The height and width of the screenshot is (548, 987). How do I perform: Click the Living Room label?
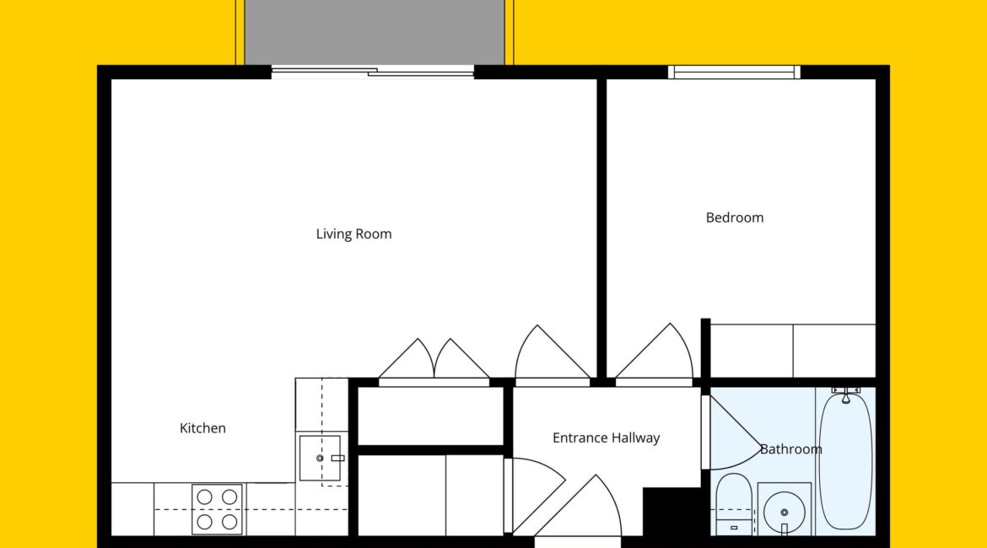[353, 234]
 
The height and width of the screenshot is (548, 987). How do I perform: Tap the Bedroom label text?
[735, 218]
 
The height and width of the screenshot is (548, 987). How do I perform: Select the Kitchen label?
[202, 428]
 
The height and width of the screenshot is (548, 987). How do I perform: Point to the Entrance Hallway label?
[607, 438]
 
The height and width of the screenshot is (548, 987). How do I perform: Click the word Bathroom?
[790, 449]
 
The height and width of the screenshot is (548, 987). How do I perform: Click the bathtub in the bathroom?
[847, 460]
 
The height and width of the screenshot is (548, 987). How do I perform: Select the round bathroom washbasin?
[784, 512]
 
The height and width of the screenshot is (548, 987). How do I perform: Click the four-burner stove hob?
[217, 509]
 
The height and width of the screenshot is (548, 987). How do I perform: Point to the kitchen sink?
[320, 458]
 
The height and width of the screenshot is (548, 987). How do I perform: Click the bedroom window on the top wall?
[734, 73]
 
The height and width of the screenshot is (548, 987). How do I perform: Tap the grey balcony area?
[375, 31]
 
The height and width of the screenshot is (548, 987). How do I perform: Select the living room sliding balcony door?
[373, 73]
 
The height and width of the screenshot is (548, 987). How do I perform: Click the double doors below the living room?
[434, 361]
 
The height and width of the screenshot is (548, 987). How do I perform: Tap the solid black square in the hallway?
[671, 511]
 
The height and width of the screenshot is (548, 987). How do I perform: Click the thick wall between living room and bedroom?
[601, 228]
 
